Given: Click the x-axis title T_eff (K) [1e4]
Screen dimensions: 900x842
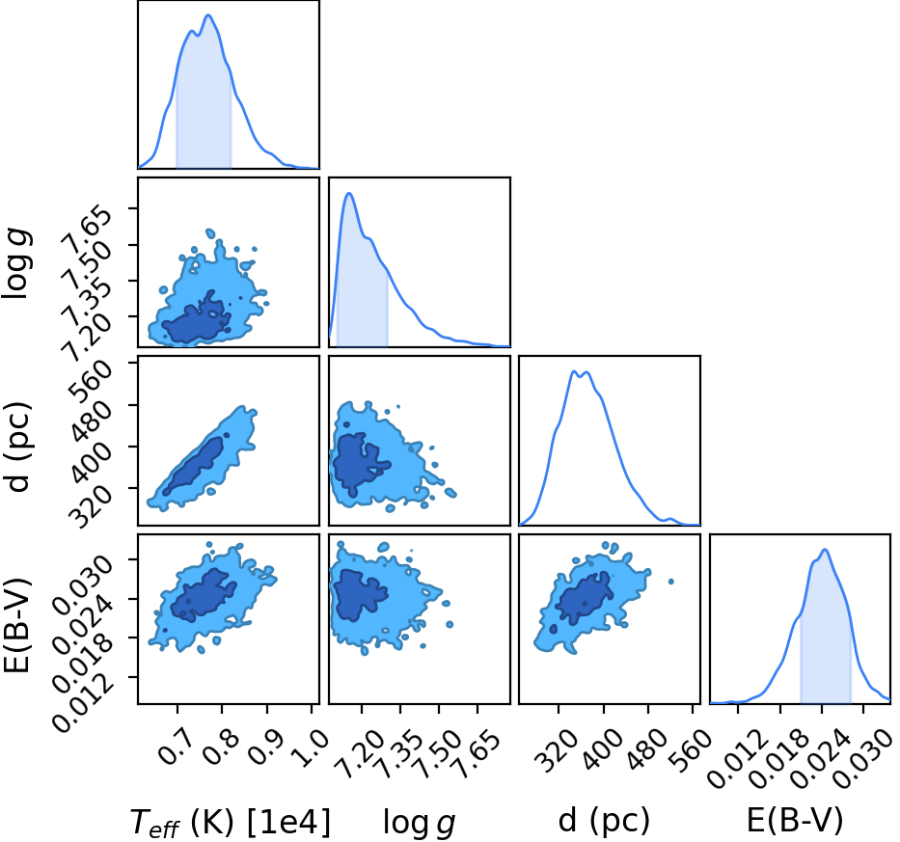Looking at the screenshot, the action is pyautogui.click(x=231, y=822).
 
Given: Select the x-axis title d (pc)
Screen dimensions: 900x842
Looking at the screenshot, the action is pyautogui.click(x=604, y=820).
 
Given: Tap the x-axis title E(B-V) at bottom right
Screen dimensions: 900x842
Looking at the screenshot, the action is pyautogui.click(x=795, y=820).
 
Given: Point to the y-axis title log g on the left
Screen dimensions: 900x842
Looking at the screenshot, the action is pyautogui.click(x=17, y=263).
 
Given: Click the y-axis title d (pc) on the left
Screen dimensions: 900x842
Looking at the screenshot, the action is pyautogui.click(x=17, y=448).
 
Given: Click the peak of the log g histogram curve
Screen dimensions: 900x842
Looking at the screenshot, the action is pyautogui.click(x=349, y=194).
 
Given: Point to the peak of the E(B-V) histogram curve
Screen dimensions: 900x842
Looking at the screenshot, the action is pyautogui.click(x=825, y=550).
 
